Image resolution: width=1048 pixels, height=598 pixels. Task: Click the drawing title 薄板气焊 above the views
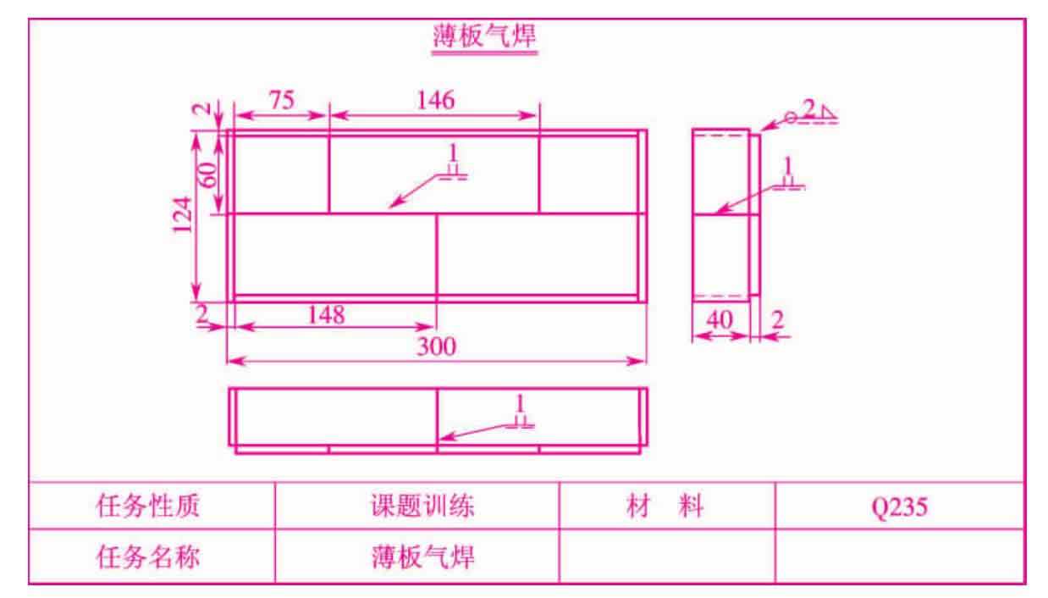tap(484, 36)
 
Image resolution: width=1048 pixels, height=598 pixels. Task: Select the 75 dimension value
tap(282, 100)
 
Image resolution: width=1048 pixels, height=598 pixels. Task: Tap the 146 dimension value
tap(436, 100)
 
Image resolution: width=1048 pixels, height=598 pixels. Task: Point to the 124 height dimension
tap(183, 215)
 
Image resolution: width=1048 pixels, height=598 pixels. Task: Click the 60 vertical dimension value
tap(208, 174)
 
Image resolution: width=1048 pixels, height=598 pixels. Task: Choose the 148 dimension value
tap(326, 315)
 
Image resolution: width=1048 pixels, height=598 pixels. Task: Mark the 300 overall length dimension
tap(436, 346)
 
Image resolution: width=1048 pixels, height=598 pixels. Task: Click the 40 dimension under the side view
tap(719, 320)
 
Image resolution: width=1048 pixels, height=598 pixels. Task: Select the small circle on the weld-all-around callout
tap(791, 118)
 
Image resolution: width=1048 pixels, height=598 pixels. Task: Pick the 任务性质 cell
tap(148, 507)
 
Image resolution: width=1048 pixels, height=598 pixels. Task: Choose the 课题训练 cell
tap(422, 507)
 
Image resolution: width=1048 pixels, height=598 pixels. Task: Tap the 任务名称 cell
tap(148, 557)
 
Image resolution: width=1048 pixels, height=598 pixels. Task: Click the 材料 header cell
tap(665, 507)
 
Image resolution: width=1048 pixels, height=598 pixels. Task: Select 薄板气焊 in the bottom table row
tap(423, 557)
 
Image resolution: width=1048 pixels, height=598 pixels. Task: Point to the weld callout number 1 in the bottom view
tap(519, 403)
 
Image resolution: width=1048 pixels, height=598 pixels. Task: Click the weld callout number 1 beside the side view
tap(788, 165)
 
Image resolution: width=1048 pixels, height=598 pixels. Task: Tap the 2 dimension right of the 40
tap(778, 320)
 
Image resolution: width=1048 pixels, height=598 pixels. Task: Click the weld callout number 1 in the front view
tap(452, 152)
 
